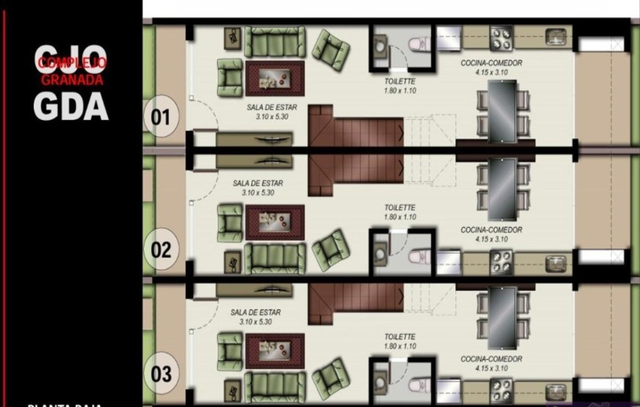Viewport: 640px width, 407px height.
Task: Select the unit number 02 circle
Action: (161, 249)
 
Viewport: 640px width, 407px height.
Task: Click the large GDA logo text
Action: (71, 106)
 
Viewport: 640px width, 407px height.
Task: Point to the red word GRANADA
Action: (72, 80)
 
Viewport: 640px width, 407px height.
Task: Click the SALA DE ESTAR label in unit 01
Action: (272, 107)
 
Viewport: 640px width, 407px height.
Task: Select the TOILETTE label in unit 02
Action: (400, 208)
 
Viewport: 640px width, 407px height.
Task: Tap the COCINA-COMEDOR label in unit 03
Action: (491, 359)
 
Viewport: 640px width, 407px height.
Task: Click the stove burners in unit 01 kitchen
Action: (501, 38)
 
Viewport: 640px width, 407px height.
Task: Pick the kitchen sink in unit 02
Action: (556, 263)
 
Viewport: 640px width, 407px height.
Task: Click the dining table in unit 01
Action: (502, 111)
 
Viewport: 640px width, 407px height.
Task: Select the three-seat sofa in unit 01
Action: (275, 41)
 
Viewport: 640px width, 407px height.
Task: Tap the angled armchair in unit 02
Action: (331, 250)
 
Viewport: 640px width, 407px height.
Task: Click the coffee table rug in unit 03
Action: (275, 351)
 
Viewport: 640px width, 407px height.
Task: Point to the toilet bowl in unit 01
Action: (419, 44)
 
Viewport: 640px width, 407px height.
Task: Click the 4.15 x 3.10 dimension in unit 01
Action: (491, 72)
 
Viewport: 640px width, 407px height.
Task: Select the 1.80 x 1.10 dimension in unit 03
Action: (400, 346)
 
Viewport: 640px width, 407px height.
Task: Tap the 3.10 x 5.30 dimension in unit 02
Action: (258, 193)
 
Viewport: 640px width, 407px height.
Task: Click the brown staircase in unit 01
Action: (356, 130)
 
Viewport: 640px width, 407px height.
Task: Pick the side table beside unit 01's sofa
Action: (233, 38)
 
